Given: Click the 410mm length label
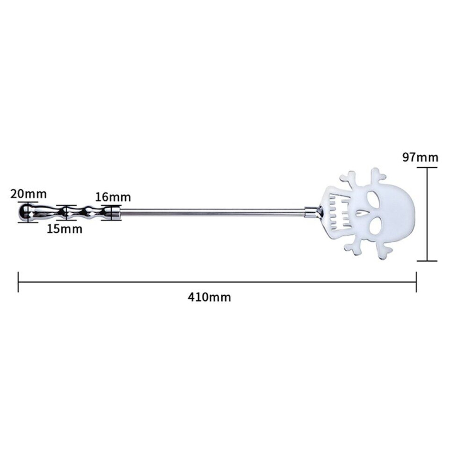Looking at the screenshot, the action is point(209,297).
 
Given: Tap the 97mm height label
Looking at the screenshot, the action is point(420,158).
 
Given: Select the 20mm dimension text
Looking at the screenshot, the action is point(28,194).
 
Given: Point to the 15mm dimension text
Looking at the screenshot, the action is point(64,229).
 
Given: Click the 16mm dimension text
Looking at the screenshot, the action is point(113,197).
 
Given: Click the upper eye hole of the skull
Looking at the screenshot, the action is point(375,197).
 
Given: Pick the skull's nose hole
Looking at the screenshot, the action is point(360,213).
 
